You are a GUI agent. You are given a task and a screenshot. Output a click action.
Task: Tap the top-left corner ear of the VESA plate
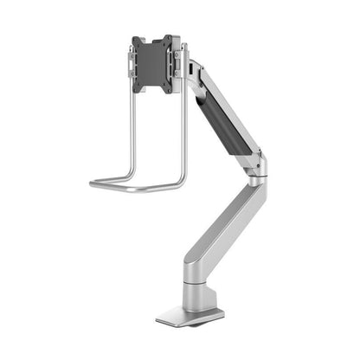pyautogui.click(x=134, y=40)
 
